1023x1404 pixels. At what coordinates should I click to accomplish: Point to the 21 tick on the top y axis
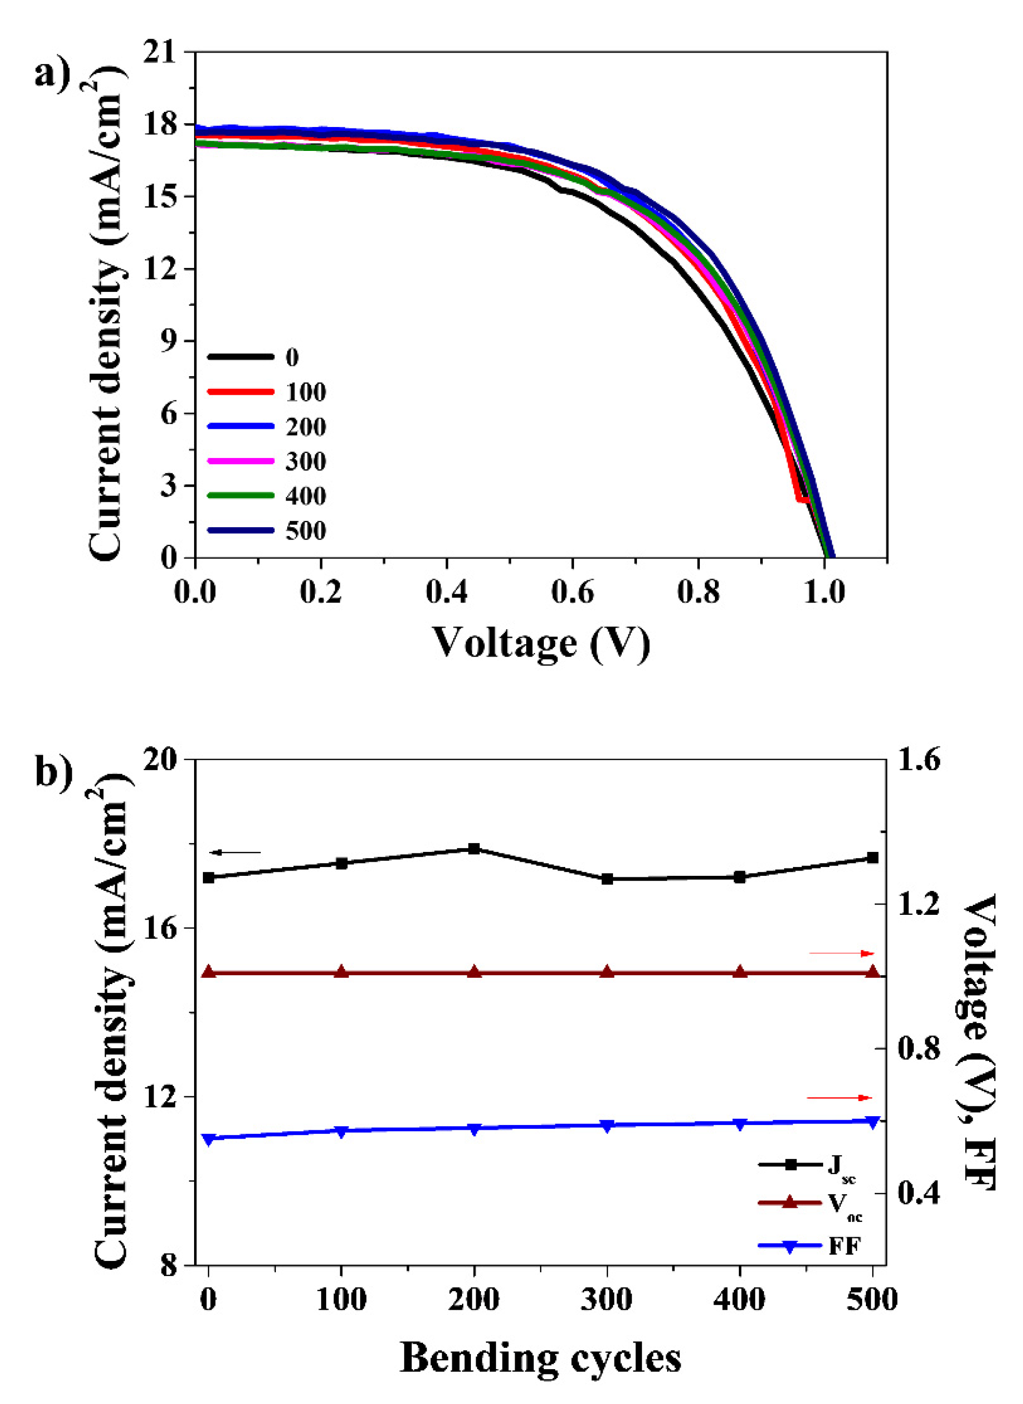point(163,53)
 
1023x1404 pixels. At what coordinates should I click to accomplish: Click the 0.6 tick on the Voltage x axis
point(572,592)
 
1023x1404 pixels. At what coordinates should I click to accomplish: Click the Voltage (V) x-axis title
point(541,644)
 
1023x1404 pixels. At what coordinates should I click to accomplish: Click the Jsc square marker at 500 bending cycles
point(873,858)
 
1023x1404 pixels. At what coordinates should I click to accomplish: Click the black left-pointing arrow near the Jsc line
point(235,852)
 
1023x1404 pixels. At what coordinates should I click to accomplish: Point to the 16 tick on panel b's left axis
point(162,928)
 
